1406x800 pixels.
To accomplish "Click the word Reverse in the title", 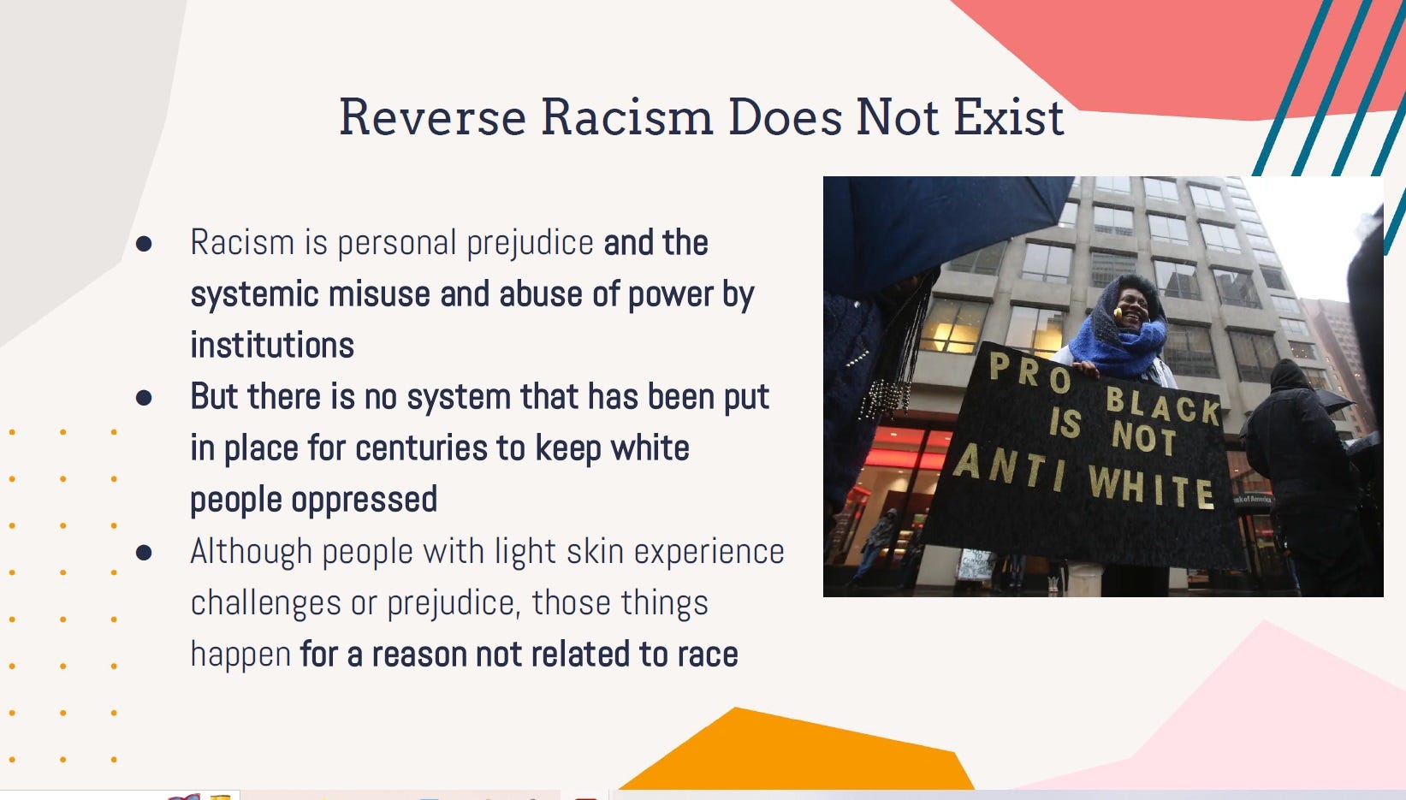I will pos(431,117).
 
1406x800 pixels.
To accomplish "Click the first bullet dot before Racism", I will pos(144,244).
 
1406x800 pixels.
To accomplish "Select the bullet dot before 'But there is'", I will pos(144,398).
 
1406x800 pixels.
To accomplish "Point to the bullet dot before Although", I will pos(144,553).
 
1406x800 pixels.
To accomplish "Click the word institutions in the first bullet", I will pos(272,346).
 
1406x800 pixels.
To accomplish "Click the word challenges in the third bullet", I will pos(265,603).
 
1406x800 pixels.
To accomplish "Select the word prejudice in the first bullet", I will pos(530,243).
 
